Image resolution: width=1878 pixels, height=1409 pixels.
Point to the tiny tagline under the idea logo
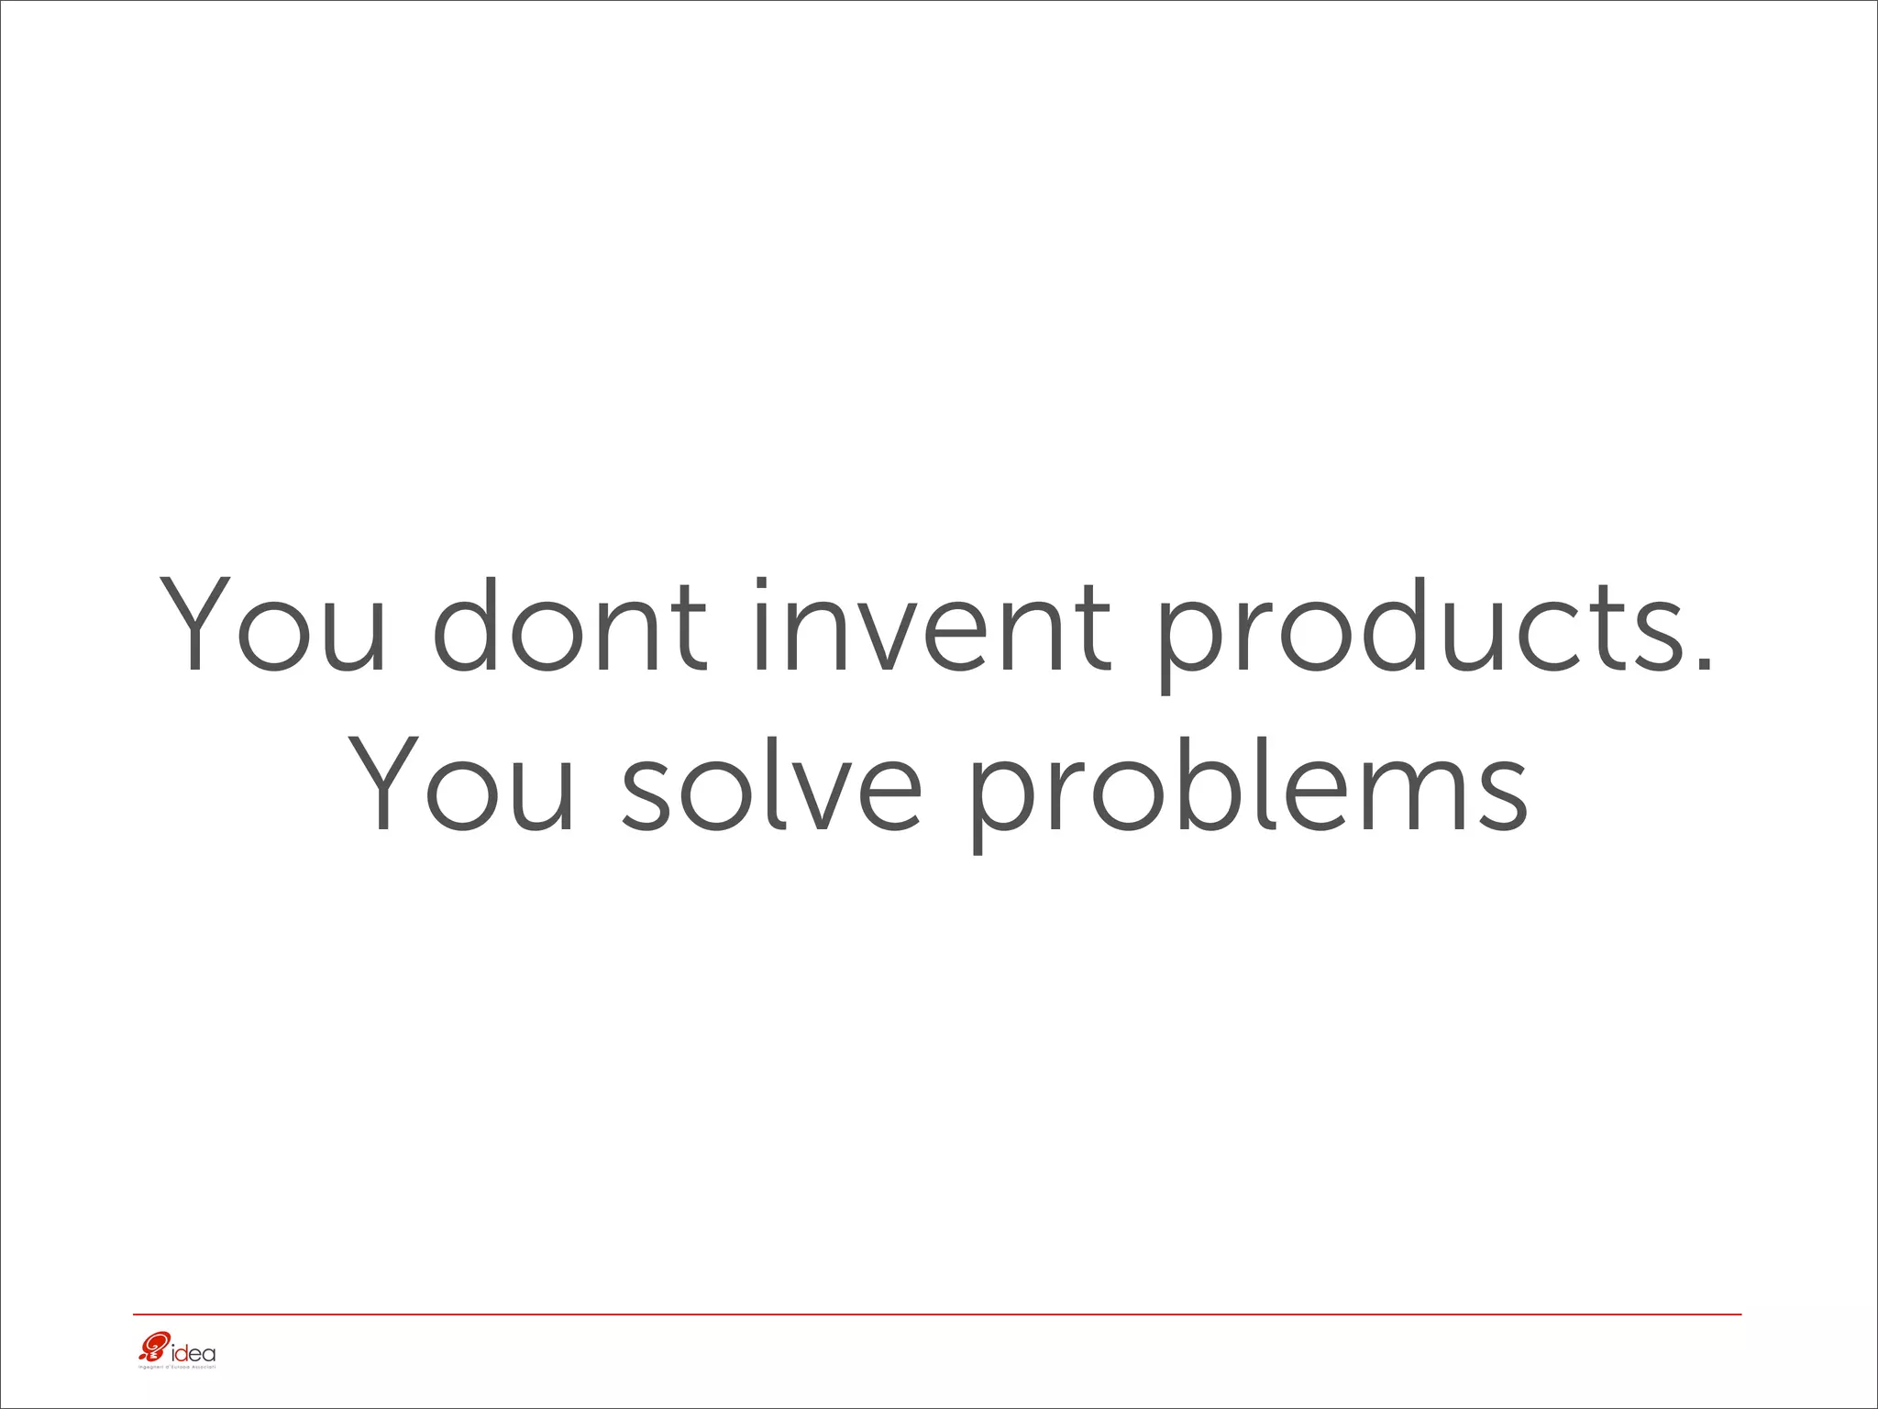coord(176,1368)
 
